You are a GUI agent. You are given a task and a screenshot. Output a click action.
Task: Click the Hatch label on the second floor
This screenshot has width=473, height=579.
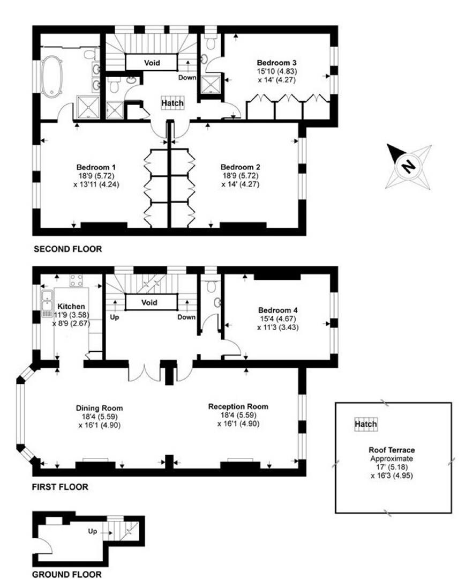point(172,103)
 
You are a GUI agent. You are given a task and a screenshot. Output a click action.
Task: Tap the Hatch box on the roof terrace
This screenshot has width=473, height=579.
point(366,424)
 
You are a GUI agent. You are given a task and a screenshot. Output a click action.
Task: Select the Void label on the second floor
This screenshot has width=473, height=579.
point(152,63)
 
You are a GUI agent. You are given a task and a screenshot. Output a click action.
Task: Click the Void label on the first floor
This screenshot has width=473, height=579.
point(149,303)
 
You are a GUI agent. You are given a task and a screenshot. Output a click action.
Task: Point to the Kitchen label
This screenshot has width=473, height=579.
point(71,307)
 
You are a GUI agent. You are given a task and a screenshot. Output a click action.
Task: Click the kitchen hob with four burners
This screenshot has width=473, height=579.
point(77,280)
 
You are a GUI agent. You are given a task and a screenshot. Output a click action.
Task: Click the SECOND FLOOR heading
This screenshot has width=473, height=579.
point(68,249)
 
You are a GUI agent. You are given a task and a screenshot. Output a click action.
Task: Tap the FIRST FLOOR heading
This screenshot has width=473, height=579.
point(60,487)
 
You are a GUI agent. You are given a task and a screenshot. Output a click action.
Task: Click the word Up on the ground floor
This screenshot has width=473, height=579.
point(92,531)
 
